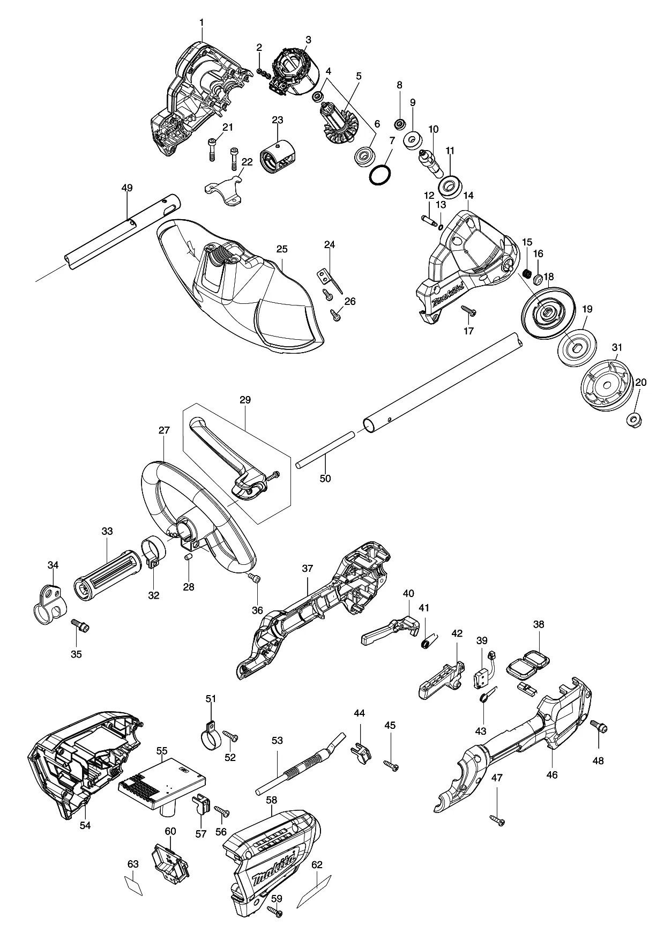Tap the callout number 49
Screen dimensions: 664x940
pyautogui.click(x=127, y=188)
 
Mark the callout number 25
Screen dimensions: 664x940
pyautogui.click(x=282, y=249)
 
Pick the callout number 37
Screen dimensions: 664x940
pyautogui.click(x=307, y=569)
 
